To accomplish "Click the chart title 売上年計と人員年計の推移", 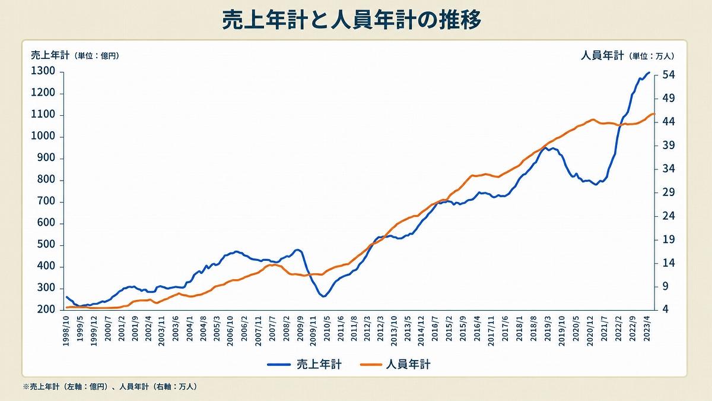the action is pos(351,20).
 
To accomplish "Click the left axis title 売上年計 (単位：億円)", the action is pos(75,55).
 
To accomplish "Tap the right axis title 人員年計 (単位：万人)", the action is pos(627,56).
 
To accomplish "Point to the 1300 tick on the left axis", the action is pos(43,71).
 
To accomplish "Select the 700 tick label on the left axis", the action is pos(46,201).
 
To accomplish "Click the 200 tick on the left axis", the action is pos(46,309).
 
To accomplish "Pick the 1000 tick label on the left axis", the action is pos(43,136).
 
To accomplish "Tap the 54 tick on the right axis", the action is pos(669,75).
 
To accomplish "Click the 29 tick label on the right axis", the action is pos(669,192).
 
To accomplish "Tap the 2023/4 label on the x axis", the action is pos(646,329).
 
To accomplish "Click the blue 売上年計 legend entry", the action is pos(304,364).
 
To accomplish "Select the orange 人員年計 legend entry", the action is pos(395,364).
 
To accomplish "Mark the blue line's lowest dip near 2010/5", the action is pos(323,296).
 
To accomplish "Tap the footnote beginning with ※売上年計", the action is pos(110,387).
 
